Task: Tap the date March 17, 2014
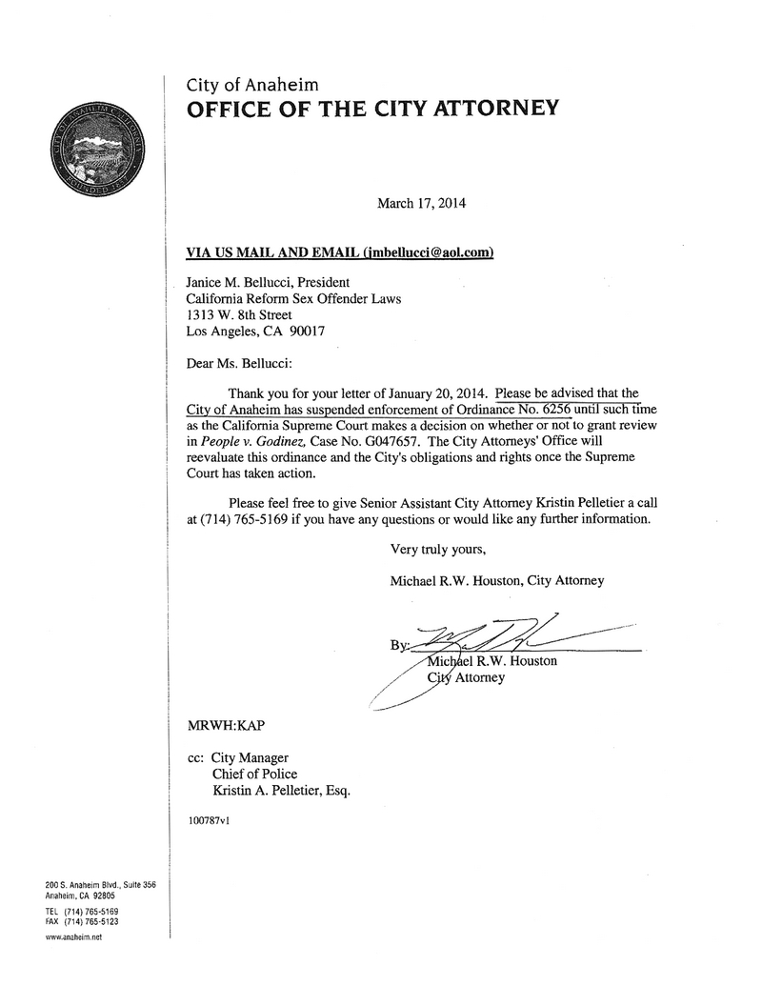[422, 203]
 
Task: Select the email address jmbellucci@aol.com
[429, 252]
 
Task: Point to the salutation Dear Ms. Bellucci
[240, 363]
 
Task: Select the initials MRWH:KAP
[225, 725]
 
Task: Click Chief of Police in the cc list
[253, 774]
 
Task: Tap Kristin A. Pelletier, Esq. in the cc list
[273, 791]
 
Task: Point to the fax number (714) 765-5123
[91, 921]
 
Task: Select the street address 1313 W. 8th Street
[238, 315]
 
